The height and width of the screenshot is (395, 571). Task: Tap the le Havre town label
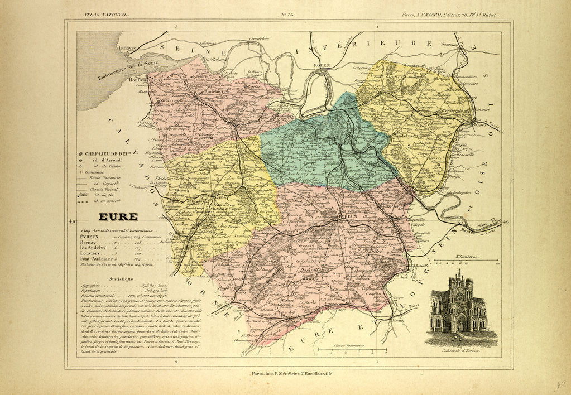coord(126,48)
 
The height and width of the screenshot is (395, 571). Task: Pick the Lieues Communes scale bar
coord(352,350)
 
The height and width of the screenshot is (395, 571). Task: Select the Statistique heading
coord(121,278)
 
